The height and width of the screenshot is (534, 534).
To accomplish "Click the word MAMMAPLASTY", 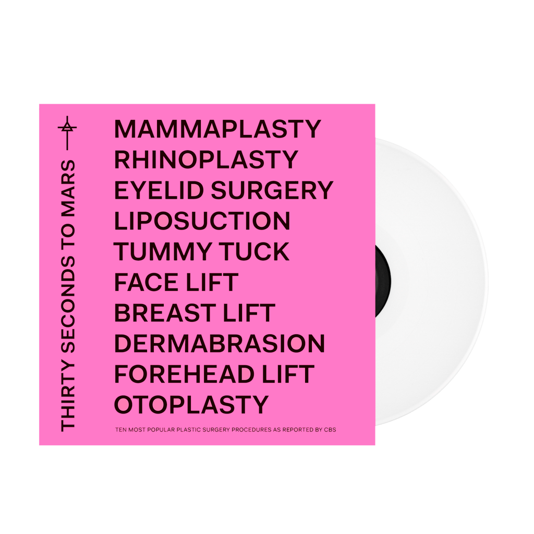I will [x=217, y=129].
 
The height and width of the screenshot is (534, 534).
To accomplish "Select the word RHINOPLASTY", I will [x=206, y=160].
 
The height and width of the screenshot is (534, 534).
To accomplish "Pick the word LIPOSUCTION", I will [x=202, y=221].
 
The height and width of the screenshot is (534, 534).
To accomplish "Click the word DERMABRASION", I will [x=219, y=344].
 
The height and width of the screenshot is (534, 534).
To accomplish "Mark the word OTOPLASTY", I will [x=191, y=405].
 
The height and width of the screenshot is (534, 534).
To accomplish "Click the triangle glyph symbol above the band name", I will [x=67, y=127].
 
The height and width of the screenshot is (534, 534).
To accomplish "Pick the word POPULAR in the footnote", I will [x=173, y=431].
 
